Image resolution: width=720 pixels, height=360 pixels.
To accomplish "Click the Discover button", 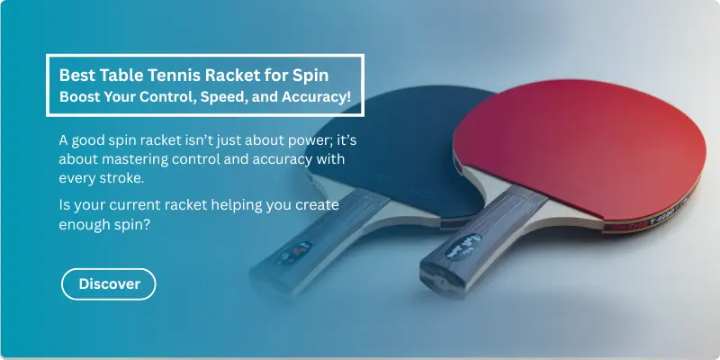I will click(x=109, y=283).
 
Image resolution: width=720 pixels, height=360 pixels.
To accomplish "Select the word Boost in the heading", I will click(x=81, y=96).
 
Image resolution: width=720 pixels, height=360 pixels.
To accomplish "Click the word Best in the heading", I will click(x=75, y=74).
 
